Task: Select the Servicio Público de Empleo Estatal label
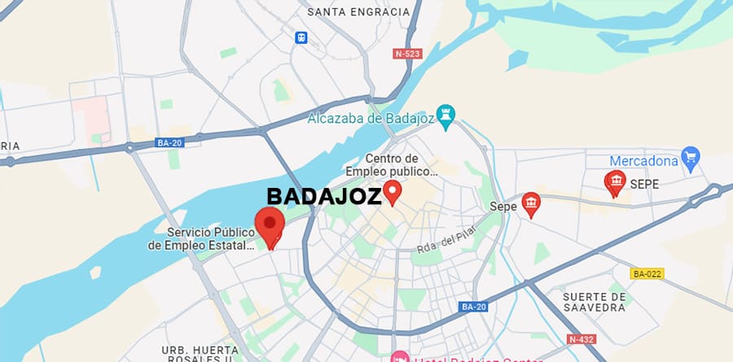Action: (x=210, y=238)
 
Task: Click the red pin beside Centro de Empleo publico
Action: (x=393, y=192)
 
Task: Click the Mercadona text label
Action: (x=643, y=160)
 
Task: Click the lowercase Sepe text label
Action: (x=503, y=207)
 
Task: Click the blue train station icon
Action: (x=302, y=37)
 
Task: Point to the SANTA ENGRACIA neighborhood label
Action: (x=358, y=12)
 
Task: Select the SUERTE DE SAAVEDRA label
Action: (x=595, y=302)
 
